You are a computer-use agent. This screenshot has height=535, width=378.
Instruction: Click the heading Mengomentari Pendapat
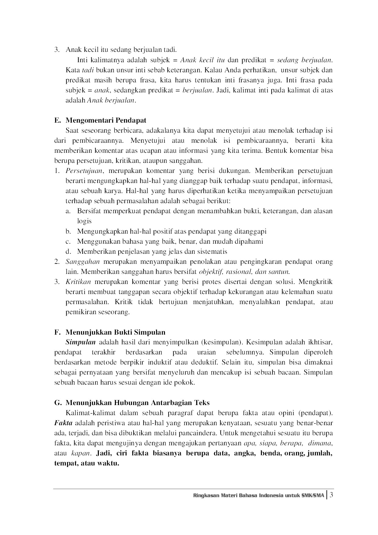[x=106, y=120]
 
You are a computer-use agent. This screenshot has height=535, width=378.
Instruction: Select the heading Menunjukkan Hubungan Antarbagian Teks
[x=137, y=403]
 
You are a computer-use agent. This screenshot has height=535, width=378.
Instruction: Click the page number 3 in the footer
[x=331, y=495]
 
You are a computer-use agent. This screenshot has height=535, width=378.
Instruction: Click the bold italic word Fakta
[x=63, y=423]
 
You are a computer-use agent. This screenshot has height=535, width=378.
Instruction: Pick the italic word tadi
[x=88, y=70]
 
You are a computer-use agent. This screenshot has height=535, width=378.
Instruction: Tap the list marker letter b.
[x=68, y=232]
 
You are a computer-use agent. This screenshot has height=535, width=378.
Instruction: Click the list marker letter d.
[x=68, y=252]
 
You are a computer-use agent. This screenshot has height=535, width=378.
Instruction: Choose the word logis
[x=84, y=221]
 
